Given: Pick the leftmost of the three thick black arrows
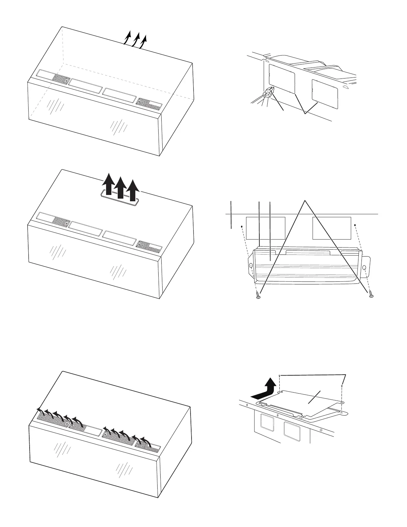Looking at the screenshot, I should [108, 186].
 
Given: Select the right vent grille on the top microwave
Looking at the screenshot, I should [150, 104].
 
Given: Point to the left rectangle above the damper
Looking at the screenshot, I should [265, 228].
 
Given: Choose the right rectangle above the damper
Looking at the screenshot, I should [332, 228].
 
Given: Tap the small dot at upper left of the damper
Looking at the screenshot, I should [242, 226].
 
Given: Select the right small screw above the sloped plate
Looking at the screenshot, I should [342, 386].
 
